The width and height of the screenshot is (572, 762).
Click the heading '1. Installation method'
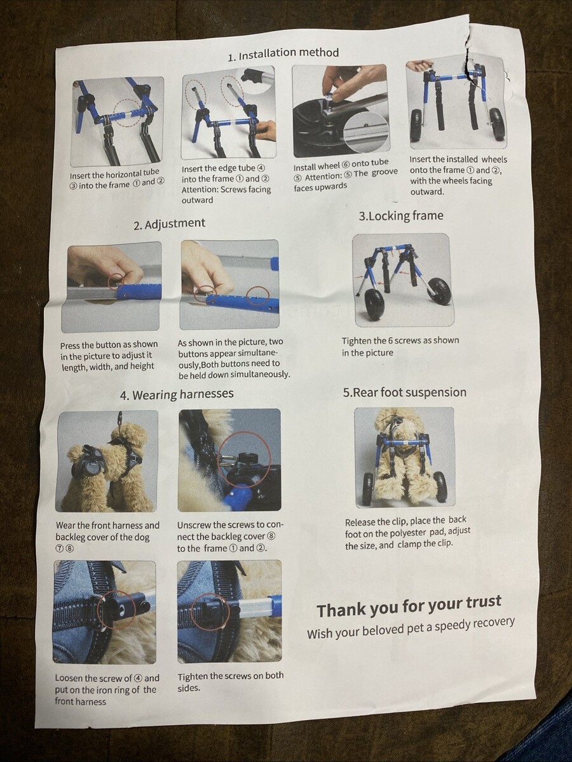[283, 54]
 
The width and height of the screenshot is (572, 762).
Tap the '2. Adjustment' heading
[170, 224]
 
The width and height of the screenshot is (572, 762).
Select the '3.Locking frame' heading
[401, 216]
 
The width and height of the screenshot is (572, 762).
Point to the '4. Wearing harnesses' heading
[177, 394]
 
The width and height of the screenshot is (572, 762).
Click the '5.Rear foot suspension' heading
[405, 392]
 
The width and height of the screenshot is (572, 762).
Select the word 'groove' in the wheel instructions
[385, 173]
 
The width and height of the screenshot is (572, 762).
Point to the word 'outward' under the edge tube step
[197, 200]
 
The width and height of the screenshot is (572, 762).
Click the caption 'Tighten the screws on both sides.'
[231, 681]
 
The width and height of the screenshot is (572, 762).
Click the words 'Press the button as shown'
[109, 345]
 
